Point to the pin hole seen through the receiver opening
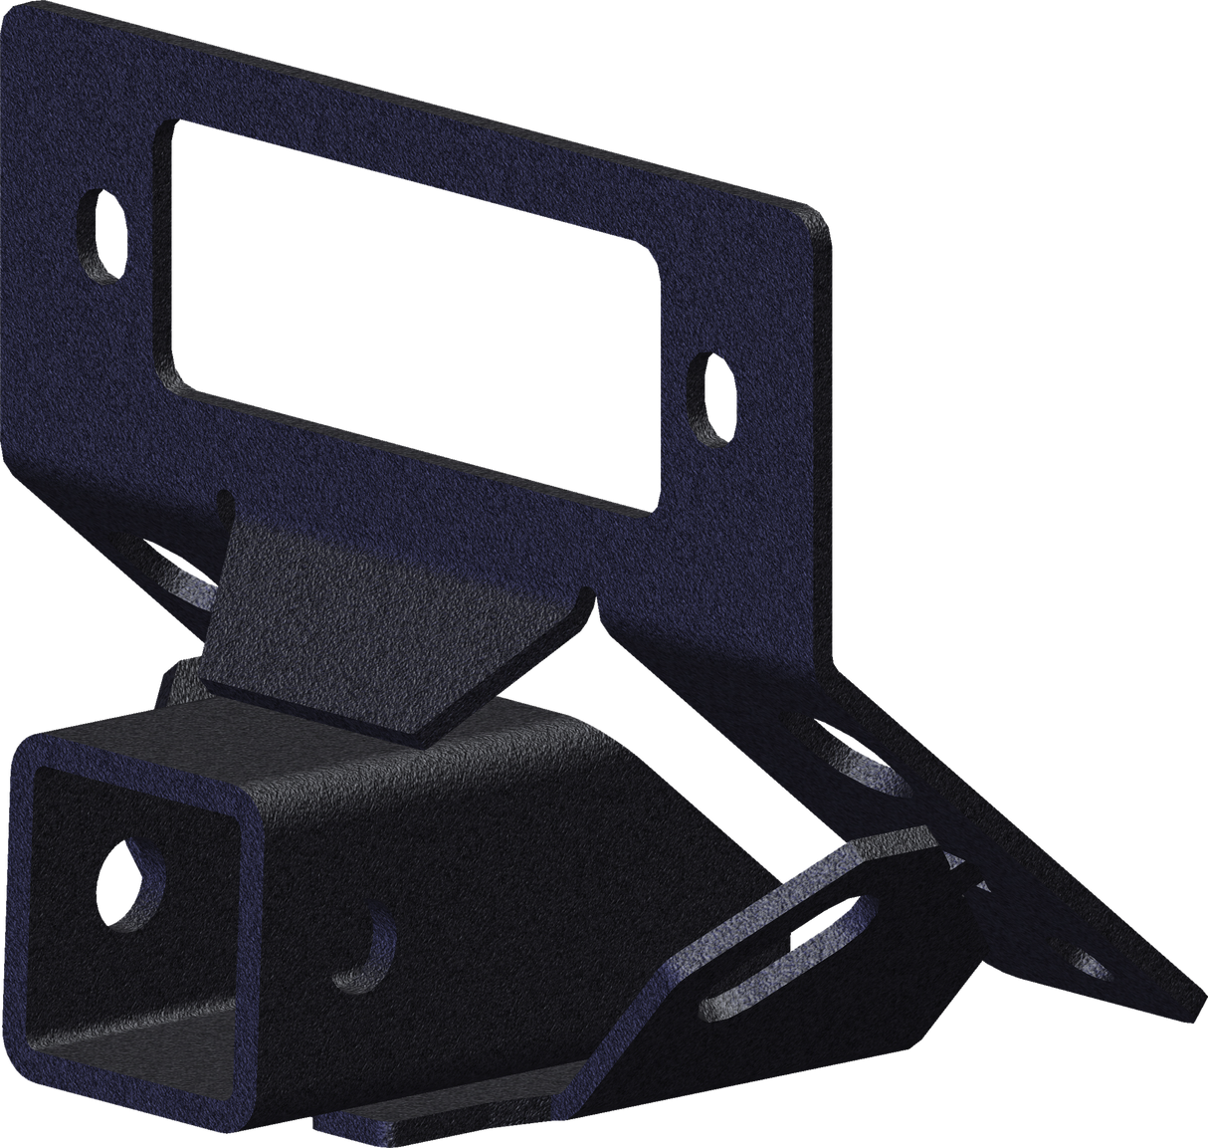(130, 868)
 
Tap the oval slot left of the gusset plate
(189, 582)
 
